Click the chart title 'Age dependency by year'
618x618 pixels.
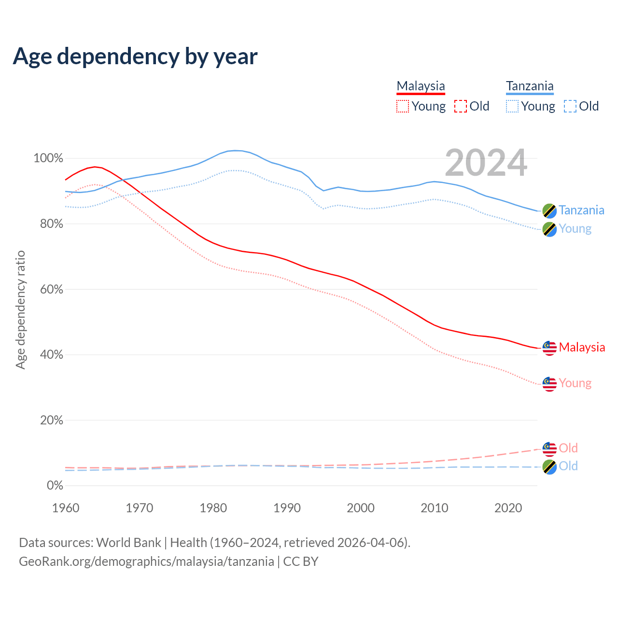click(135, 56)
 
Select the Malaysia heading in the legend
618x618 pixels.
click(421, 86)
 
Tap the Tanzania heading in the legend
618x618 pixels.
click(530, 86)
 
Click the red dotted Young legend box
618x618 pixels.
click(403, 106)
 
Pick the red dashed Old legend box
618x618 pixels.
click(461, 106)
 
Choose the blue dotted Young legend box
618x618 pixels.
click(512, 106)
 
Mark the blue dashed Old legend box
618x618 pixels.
click(570, 106)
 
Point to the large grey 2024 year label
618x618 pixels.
click(486, 163)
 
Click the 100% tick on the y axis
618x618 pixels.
click(48, 158)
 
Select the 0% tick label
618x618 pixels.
click(55, 486)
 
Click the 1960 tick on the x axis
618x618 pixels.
click(66, 508)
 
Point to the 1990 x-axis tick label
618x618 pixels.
click(287, 508)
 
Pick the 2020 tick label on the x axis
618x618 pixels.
click(508, 508)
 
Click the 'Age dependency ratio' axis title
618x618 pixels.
click(20, 309)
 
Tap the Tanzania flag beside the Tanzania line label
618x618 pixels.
click(549, 211)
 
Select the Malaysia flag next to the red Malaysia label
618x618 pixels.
click(549, 348)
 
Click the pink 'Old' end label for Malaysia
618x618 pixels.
click(568, 448)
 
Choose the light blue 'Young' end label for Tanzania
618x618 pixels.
click(575, 229)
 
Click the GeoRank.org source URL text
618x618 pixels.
click(146, 562)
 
